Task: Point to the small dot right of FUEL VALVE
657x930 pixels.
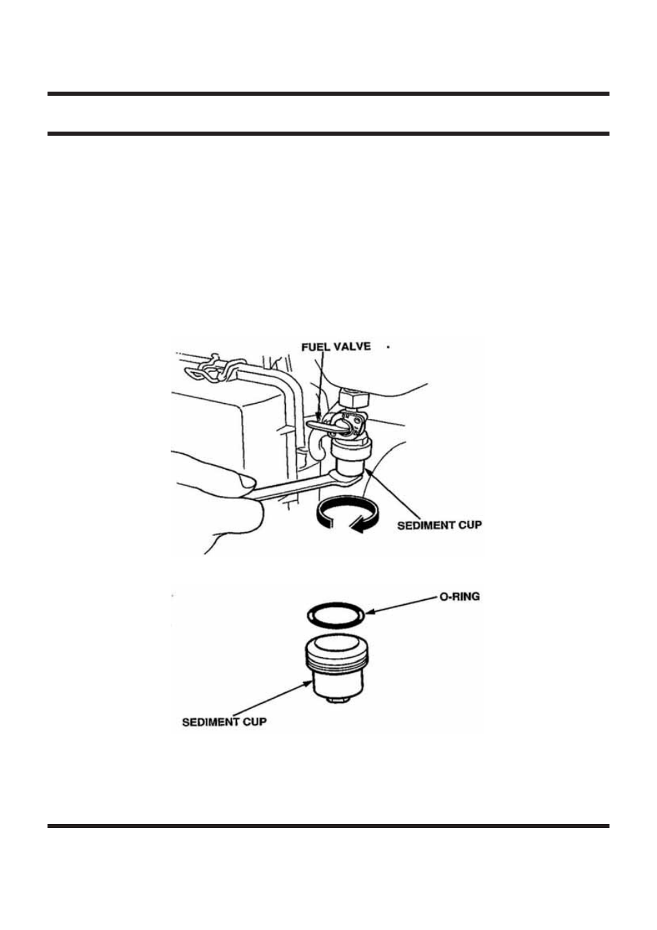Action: (388, 348)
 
